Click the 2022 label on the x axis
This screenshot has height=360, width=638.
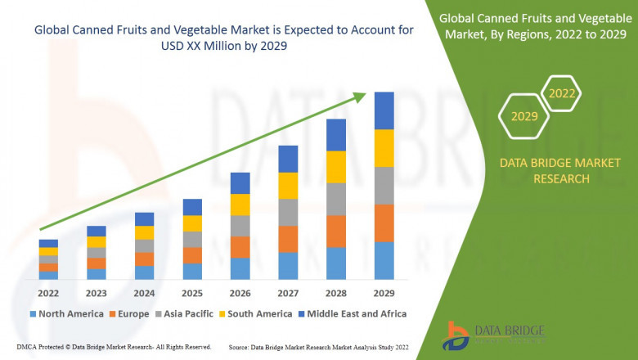click(x=48, y=292)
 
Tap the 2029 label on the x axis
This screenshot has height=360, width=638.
click(x=384, y=292)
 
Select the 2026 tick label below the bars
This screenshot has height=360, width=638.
click(x=240, y=292)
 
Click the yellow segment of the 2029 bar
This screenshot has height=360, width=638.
click(x=384, y=148)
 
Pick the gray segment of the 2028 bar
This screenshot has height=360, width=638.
click(x=336, y=199)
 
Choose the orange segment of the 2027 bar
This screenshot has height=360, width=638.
click(x=288, y=239)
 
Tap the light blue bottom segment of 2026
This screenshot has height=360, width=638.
click(x=240, y=269)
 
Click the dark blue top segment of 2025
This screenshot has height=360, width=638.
click(x=192, y=206)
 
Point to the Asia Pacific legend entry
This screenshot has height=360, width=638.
click(x=183, y=313)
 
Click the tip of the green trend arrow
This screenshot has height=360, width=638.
click(x=366, y=95)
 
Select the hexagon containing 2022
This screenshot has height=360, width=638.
click(x=562, y=94)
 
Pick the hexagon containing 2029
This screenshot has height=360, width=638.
click(x=524, y=117)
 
